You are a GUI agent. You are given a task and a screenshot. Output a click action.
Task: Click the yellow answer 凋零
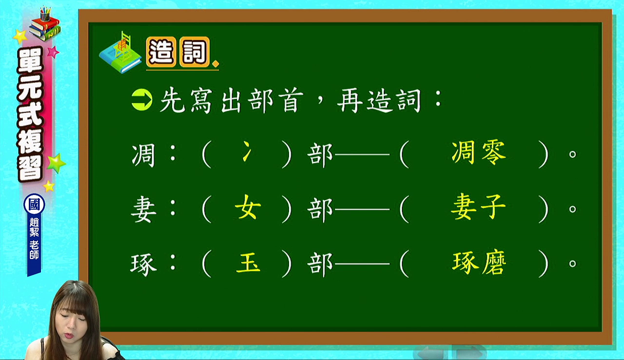point(478,152)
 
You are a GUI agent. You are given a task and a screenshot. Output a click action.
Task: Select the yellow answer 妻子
point(478,207)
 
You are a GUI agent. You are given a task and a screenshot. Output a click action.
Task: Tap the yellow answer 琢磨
point(479,263)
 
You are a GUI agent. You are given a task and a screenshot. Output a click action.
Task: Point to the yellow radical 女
point(248,207)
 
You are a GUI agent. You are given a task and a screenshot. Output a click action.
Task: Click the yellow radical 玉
point(248,262)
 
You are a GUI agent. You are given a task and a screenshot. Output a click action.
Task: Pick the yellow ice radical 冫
point(247,151)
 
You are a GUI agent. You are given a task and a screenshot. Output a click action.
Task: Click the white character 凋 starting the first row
point(143,155)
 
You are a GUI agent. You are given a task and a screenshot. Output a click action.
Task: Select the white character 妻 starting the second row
point(143,209)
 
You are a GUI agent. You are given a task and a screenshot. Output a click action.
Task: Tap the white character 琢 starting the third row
point(143,264)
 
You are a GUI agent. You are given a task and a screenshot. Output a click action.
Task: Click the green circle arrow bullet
point(142,100)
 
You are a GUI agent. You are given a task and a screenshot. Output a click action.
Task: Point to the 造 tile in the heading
point(161,52)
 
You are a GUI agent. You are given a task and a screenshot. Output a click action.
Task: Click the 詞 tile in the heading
point(195,52)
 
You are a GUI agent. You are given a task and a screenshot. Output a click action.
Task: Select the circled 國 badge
point(34,204)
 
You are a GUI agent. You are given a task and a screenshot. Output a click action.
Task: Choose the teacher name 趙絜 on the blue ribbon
point(34,227)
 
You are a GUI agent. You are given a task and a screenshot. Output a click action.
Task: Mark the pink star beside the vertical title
point(53,52)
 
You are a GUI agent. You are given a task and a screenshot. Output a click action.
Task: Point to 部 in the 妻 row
point(320,209)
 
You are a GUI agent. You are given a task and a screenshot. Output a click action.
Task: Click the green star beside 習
point(57,163)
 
